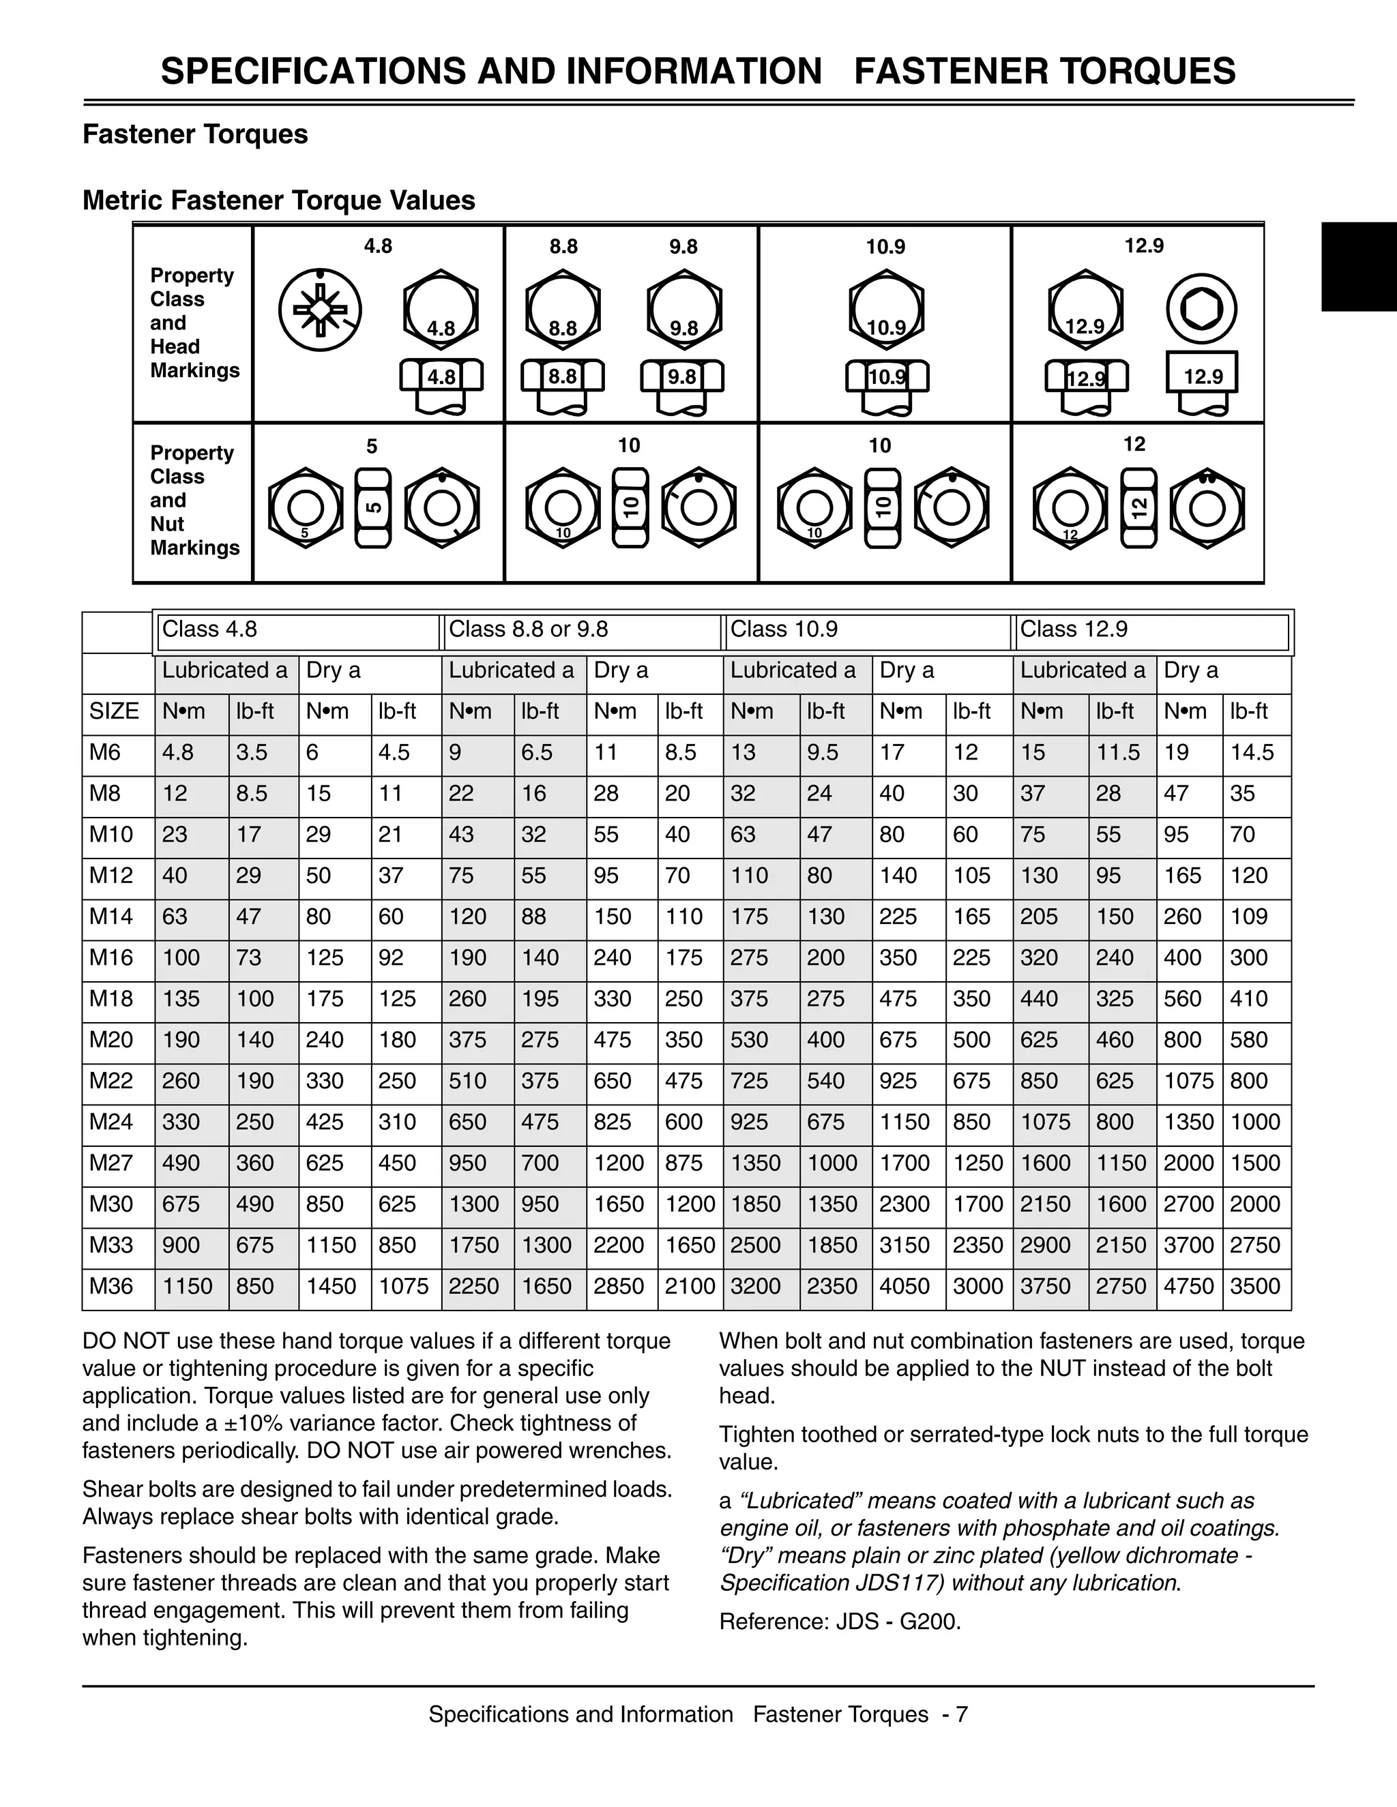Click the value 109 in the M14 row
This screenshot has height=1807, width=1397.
pos(1249,916)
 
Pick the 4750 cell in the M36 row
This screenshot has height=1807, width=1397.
pos(1188,1287)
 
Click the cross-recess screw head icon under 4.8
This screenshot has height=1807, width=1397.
pos(319,310)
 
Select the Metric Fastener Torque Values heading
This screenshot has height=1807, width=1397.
pos(279,200)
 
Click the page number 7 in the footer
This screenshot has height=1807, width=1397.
pos(961,1714)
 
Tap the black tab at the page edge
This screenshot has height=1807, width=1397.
pos(1358,267)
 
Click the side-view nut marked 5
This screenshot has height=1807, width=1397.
pos(372,508)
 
